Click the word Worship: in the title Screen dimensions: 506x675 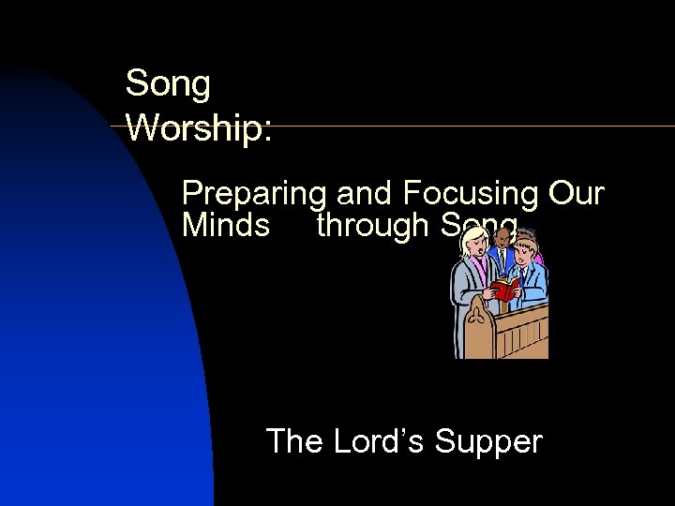199,128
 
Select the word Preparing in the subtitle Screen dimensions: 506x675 253,195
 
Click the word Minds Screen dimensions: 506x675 226,226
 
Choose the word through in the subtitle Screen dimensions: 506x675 370,226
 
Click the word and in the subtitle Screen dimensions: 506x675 364,195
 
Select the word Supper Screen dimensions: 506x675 493,440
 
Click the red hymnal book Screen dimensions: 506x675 504,289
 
